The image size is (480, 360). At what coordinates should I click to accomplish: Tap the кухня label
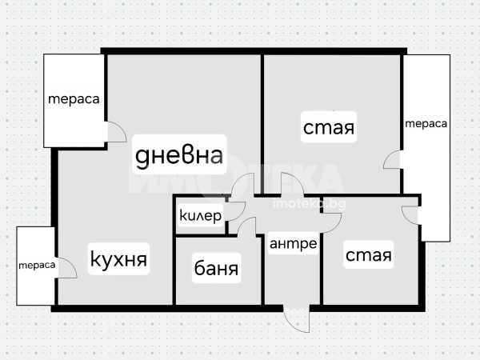click(x=118, y=260)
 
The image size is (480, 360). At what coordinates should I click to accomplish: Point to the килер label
click(x=200, y=216)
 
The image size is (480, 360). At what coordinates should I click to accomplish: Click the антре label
click(x=292, y=243)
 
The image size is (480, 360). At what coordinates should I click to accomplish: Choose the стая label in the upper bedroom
click(x=328, y=127)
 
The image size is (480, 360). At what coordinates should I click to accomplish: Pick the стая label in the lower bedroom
click(x=369, y=255)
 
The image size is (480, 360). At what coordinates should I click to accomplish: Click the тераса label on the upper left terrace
click(x=74, y=99)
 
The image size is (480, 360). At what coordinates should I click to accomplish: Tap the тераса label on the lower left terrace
click(x=38, y=265)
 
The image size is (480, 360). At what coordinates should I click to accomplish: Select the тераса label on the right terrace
click(x=426, y=124)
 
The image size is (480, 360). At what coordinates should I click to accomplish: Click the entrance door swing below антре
click(x=297, y=318)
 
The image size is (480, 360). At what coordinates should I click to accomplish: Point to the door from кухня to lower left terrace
click(x=66, y=268)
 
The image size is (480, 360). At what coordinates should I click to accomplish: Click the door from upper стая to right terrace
click(x=393, y=160)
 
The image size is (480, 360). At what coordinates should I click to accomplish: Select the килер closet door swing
click(x=235, y=210)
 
